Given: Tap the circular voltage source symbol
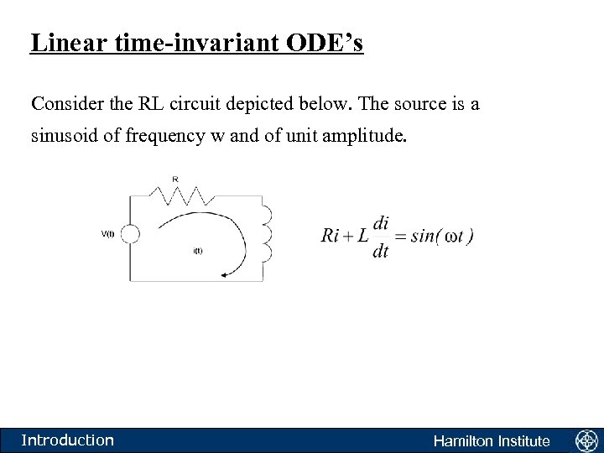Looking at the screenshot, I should click(130, 234).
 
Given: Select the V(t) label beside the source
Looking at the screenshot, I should click(108, 234).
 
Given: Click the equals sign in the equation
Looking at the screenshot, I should click(401, 236).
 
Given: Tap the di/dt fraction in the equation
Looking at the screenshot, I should click(382, 237).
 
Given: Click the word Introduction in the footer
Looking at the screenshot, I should click(67, 440).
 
